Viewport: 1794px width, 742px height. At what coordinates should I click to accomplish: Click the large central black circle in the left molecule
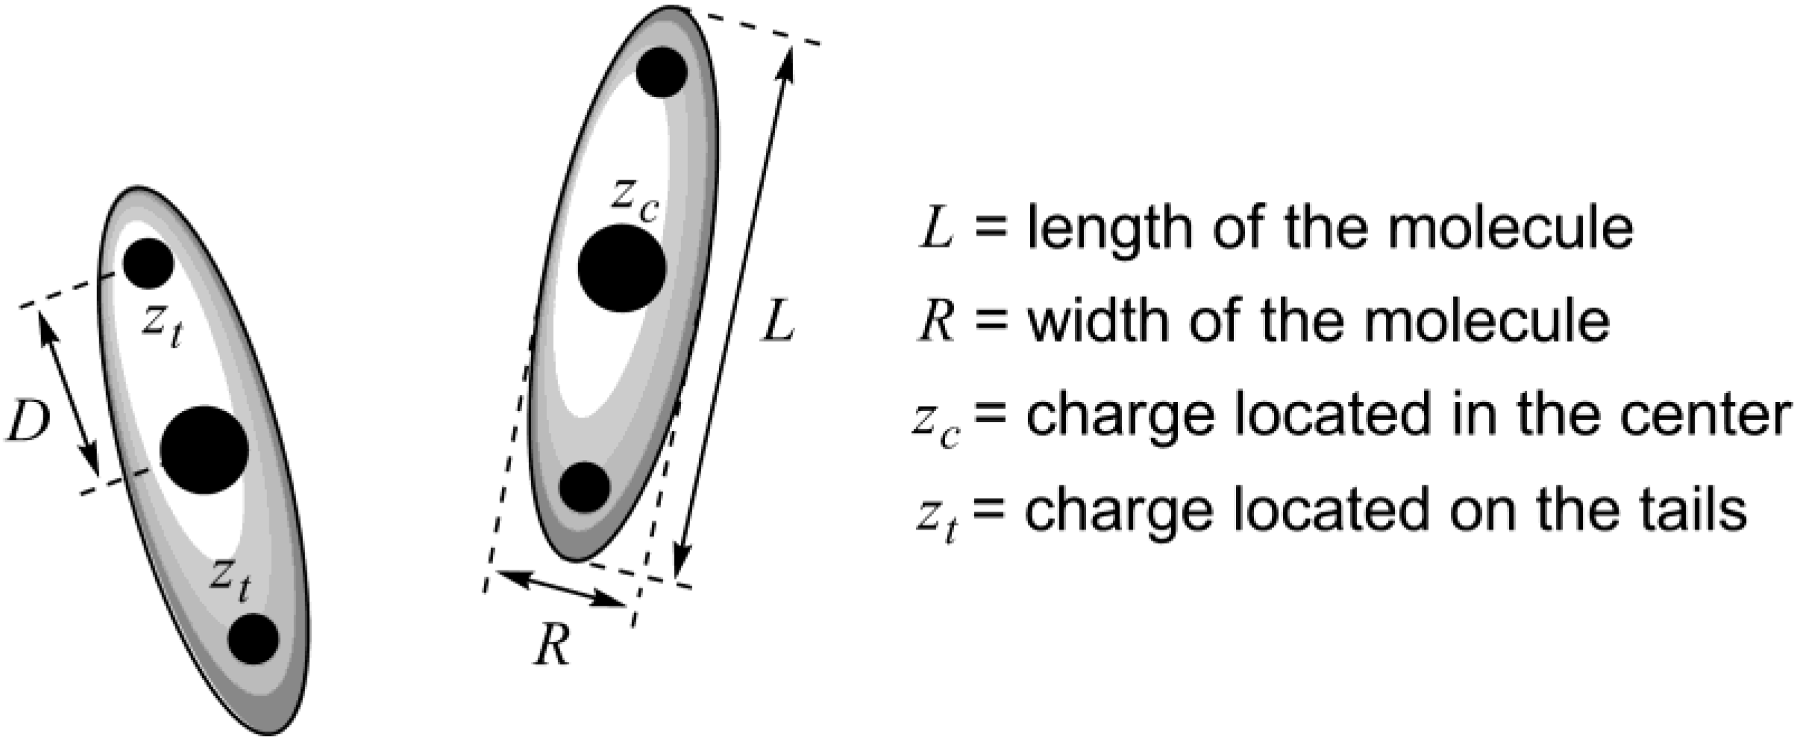point(204,450)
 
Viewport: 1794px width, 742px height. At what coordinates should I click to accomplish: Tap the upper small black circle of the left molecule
point(148,263)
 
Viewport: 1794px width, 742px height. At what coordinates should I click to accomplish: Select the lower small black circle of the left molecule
point(254,639)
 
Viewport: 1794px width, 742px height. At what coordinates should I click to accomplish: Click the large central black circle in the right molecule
point(621,268)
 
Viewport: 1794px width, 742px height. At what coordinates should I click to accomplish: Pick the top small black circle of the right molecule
point(662,72)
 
